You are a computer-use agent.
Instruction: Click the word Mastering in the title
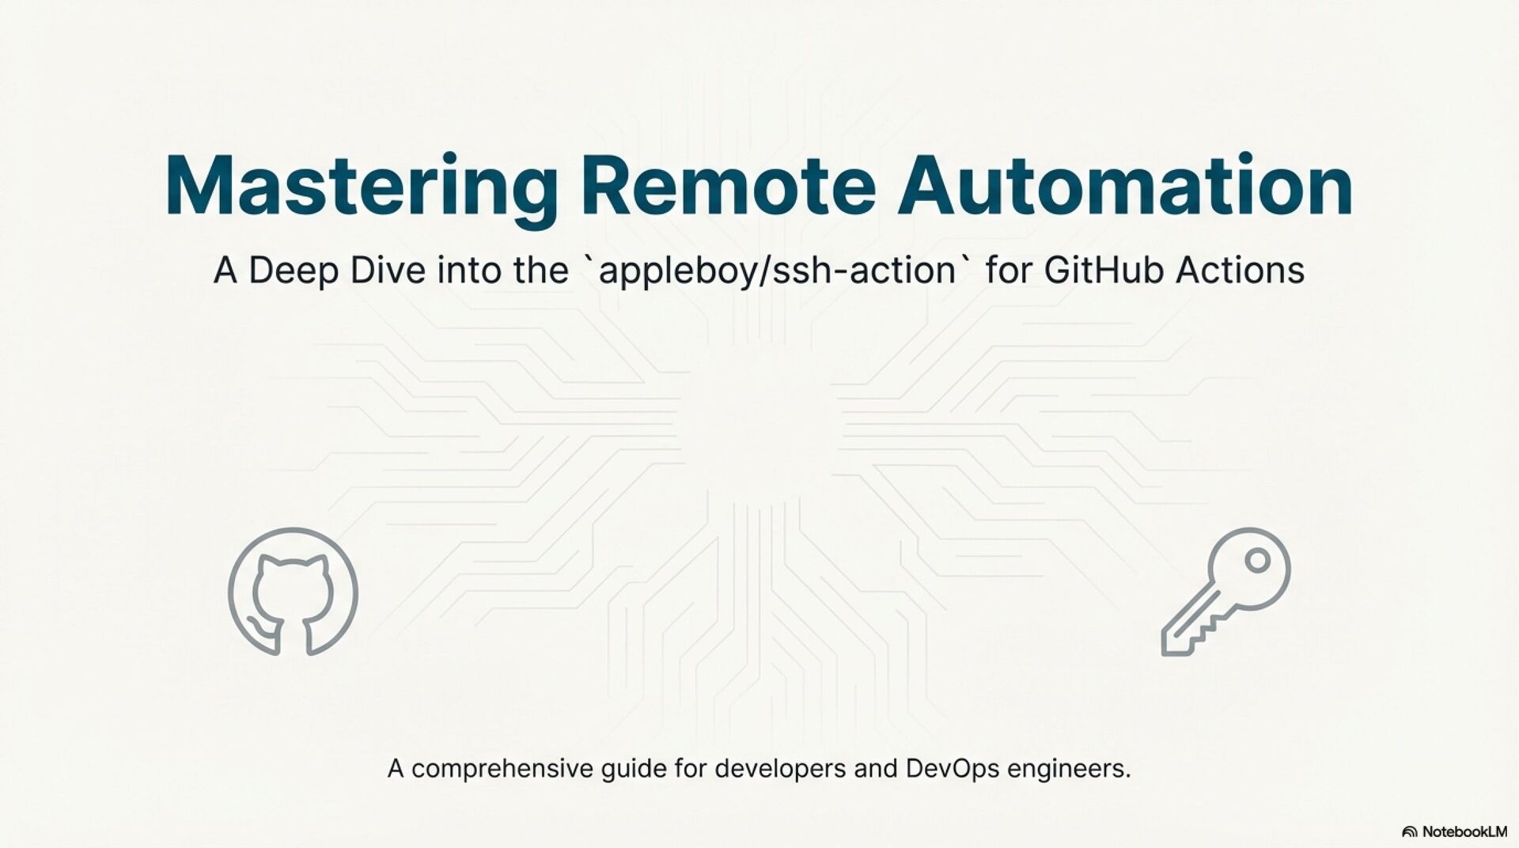[361, 187]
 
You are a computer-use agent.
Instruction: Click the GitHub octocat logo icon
[293, 592]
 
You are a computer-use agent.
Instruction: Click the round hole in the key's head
[1257, 561]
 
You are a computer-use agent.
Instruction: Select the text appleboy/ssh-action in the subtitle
[778, 271]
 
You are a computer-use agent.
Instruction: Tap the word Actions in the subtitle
[1240, 271]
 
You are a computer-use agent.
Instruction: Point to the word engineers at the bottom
[1069, 769]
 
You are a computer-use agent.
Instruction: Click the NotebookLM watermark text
[1464, 831]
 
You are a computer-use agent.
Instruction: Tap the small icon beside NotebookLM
[1409, 831]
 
